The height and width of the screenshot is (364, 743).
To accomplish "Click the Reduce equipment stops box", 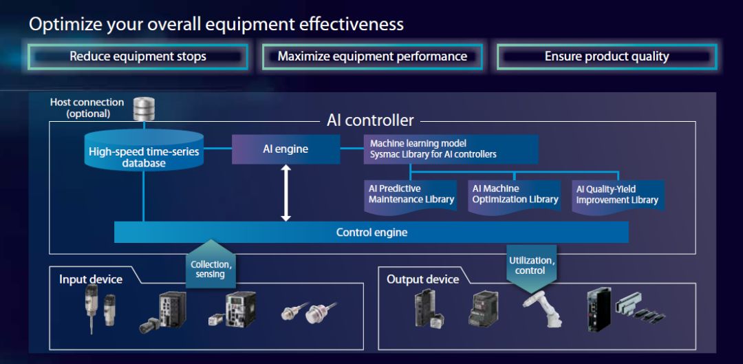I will coord(138,56).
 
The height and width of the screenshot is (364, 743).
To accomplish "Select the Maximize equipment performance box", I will coord(372,56).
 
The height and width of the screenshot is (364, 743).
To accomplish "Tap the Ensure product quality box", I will coord(606,56).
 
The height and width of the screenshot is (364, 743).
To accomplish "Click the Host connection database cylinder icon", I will coord(144,107).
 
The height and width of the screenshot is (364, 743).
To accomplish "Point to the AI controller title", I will coord(370,121).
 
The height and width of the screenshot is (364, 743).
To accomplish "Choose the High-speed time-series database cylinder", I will coord(144,152).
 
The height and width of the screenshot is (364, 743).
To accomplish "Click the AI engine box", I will coord(286,149).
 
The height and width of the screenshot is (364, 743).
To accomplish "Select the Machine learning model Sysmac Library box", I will coord(451,149).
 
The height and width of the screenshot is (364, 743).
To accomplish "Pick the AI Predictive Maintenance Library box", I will coord(411,195).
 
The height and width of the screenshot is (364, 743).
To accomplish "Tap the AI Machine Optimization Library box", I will coord(515,195).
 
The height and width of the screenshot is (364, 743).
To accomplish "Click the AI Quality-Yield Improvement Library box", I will coord(617,195).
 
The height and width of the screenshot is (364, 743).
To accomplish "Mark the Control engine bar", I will coord(371,233).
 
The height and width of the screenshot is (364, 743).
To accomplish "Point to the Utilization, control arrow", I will coord(531,264).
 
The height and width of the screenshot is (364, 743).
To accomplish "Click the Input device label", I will coord(91,279).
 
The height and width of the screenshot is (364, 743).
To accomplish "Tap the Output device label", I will coord(422,279).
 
